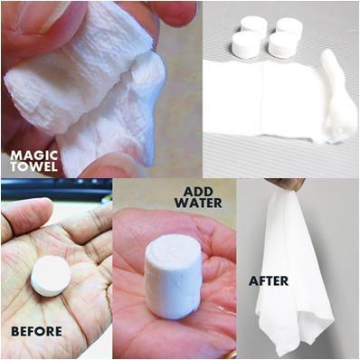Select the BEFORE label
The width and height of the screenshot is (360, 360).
[36, 331]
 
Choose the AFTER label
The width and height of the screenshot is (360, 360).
[270, 280]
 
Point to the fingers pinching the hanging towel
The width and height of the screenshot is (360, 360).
[290, 184]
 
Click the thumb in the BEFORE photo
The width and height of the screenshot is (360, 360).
[24, 218]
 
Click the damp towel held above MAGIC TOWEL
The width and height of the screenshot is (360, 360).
[81, 90]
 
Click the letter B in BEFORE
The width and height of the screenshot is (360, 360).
[14, 331]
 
